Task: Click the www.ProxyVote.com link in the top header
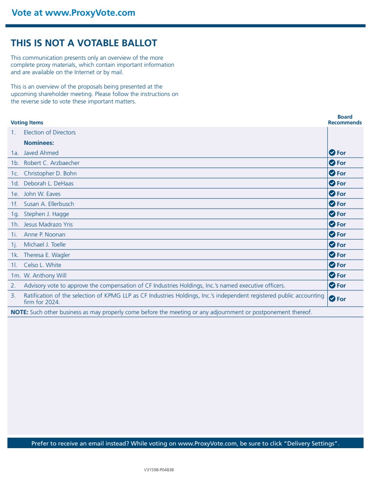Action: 90,13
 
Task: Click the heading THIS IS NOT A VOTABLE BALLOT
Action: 84,43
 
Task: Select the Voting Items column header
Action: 27,123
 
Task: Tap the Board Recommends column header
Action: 345,120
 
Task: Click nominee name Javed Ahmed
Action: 41,153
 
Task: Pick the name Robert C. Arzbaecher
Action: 52,163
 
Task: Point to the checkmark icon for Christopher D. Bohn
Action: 332,173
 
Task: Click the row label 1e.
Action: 14,194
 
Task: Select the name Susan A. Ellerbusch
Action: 49,204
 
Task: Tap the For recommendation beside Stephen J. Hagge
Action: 341,214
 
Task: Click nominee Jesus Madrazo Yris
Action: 48,224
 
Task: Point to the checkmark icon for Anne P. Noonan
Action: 332,234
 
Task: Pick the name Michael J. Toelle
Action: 45,244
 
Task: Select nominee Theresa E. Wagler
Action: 47,255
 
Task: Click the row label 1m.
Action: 16,275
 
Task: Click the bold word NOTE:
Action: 19,312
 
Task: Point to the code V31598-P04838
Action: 159,470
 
